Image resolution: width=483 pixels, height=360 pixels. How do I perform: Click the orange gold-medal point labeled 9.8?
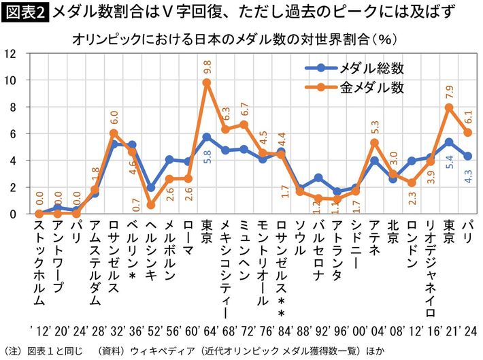(206, 82)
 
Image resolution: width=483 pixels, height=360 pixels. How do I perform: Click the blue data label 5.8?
(207, 157)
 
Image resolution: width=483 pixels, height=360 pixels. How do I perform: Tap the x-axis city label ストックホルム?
(39, 262)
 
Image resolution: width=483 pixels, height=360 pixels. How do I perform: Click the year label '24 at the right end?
(469, 329)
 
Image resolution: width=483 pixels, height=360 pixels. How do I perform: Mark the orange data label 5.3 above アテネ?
(373, 127)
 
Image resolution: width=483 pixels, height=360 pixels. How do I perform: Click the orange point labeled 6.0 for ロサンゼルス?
(114, 133)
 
